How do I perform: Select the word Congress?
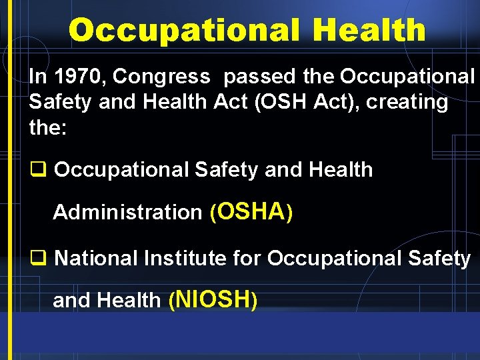(x=161, y=77)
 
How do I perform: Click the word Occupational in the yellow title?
(x=178, y=31)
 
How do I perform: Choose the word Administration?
(x=127, y=213)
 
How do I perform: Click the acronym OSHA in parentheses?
(x=251, y=211)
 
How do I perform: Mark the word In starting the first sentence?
(x=37, y=77)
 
